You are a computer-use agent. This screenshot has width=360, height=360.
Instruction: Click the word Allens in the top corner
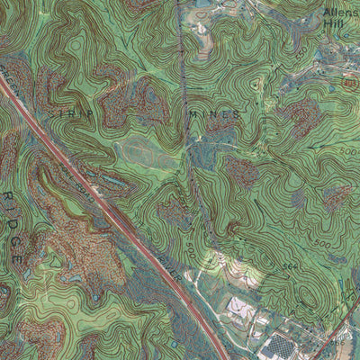click(341, 13)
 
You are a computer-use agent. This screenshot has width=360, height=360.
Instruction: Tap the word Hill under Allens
click(334, 27)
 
